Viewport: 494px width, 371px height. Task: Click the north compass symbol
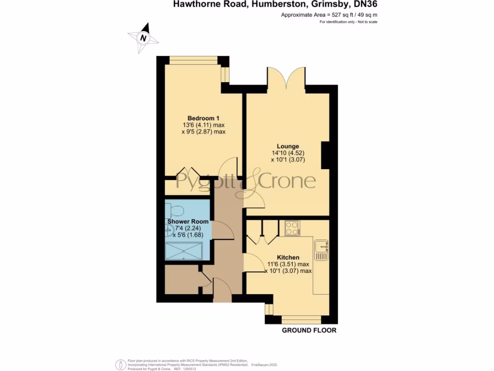click(143, 38)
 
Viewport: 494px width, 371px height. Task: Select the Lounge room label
click(288, 146)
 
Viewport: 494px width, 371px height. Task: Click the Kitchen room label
click(288, 257)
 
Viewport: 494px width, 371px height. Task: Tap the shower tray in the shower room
click(183, 251)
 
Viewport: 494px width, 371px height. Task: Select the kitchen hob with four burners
click(292, 228)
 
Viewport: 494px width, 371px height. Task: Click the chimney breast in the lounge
click(325, 155)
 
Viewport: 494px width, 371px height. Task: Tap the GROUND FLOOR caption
click(309, 330)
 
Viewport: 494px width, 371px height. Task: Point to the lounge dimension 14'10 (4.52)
click(288, 153)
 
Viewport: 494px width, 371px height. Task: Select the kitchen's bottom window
click(302, 319)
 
